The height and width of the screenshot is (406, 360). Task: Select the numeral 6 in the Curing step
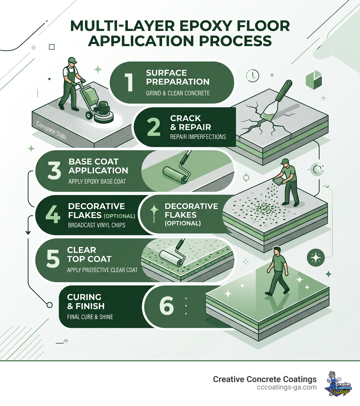(x=166, y=306)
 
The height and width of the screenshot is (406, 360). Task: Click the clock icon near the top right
(x=253, y=75)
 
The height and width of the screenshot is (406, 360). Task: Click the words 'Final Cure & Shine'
(x=90, y=317)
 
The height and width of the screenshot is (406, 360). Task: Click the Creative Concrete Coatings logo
(x=339, y=383)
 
